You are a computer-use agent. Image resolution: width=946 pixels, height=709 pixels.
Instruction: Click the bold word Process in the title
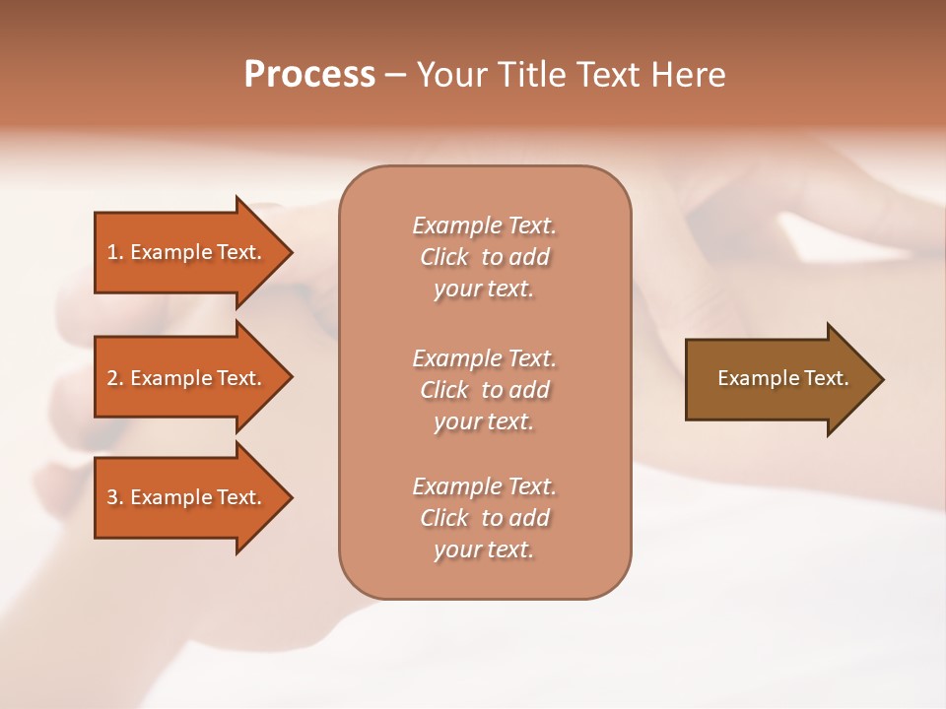coord(309,75)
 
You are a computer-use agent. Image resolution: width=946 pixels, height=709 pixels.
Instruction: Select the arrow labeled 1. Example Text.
coord(187,252)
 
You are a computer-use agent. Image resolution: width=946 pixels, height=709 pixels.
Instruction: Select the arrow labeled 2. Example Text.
coord(187,378)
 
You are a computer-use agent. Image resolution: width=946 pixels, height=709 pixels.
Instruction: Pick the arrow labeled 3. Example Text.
coord(187,497)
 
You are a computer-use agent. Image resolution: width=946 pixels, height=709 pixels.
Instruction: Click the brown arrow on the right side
coord(778,378)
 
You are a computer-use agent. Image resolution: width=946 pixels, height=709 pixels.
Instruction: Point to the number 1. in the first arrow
coord(115,252)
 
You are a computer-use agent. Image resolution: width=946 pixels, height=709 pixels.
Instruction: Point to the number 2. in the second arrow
coord(115,378)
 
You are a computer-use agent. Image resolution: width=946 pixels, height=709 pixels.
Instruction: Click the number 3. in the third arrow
coord(115,497)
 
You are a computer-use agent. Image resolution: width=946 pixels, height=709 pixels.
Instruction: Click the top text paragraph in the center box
coord(484,257)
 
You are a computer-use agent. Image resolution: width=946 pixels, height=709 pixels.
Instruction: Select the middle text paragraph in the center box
coord(484,390)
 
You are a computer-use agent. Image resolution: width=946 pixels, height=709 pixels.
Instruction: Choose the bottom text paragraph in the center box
coord(484,518)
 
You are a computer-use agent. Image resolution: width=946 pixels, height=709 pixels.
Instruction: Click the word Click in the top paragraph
coord(443,257)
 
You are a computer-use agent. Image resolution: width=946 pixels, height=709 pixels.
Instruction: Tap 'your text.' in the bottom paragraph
coord(484,549)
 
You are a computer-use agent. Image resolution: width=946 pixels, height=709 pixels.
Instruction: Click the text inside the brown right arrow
coord(782,378)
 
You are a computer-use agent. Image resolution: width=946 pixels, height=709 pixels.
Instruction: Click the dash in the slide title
coord(396,75)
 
